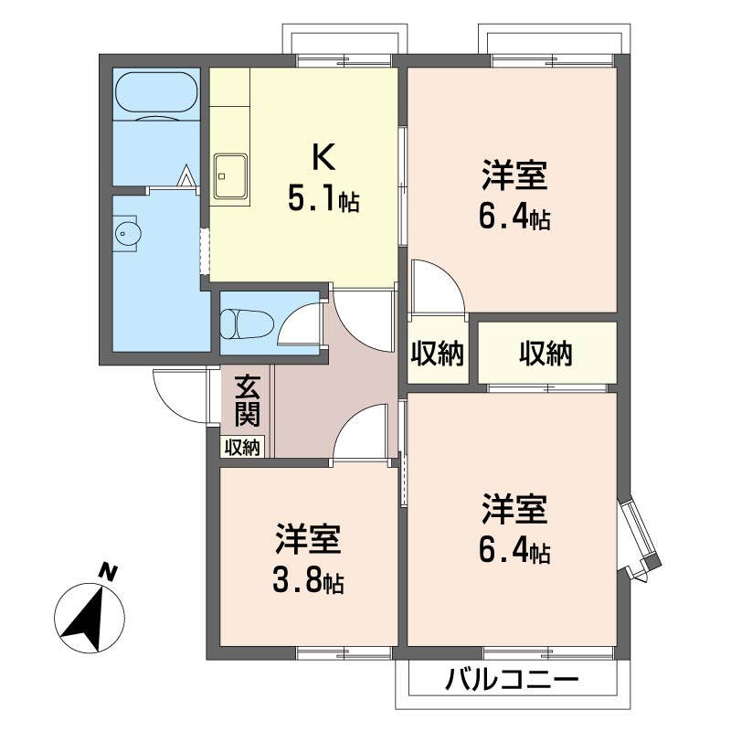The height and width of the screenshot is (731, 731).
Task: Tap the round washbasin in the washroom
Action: (x=127, y=234)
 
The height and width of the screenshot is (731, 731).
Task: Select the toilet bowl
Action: (x=247, y=324)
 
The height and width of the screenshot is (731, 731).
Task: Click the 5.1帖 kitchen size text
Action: (x=323, y=199)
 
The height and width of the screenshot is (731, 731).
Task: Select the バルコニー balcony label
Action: (x=513, y=681)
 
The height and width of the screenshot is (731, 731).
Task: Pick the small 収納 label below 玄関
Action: (x=244, y=447)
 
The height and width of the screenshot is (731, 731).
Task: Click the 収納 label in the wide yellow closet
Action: (x=546, y=353)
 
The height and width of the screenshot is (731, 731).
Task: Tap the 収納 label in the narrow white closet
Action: (x=438, y=353)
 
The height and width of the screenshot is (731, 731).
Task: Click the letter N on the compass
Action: (x=109, y=573)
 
